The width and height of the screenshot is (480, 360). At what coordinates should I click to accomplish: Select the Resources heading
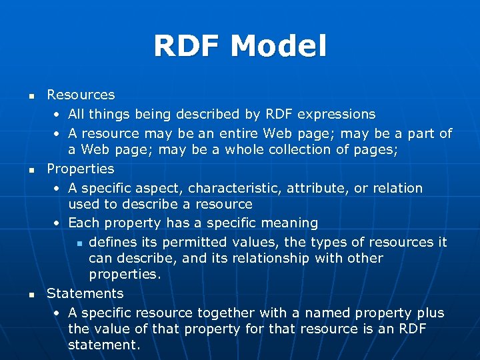tap(81, 95)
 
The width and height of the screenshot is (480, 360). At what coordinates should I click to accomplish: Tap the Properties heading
tap(81, 169)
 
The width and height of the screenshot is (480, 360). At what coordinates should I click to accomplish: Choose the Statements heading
tap(85, 293)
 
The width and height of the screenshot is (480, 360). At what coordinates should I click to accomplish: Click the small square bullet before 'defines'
tap(79, 243)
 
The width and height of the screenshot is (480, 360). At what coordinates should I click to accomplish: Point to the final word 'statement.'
tap(104, 345)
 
